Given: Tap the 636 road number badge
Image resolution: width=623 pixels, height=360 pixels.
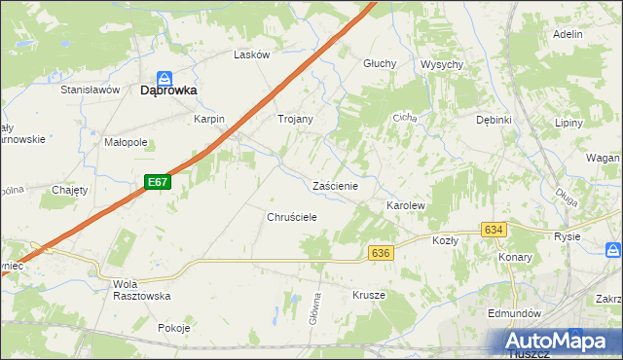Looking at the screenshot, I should [x=381, y=253].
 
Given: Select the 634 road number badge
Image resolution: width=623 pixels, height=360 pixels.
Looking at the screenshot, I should [x=494, y=230].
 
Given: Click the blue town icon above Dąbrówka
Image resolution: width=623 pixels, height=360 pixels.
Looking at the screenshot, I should [x=166, y=77].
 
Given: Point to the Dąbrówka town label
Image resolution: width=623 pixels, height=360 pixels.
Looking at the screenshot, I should [x=168, y=90].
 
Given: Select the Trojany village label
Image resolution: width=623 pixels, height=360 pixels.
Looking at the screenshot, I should [x=296, y=120].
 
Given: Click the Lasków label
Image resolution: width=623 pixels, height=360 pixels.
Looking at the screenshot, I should [x=251, y=55].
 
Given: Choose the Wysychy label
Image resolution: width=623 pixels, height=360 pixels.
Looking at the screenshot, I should [x=441, y=64].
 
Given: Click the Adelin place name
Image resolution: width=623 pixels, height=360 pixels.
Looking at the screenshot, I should [x=567, y=34].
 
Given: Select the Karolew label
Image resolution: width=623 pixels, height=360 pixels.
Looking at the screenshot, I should [x=406, y=207].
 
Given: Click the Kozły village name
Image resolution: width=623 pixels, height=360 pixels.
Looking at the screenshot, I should [x=445, y=239].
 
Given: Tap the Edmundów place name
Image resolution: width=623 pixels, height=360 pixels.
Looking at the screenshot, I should [x=515, y=314].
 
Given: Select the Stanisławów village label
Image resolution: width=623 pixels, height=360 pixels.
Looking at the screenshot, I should [x=90, y=90].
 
